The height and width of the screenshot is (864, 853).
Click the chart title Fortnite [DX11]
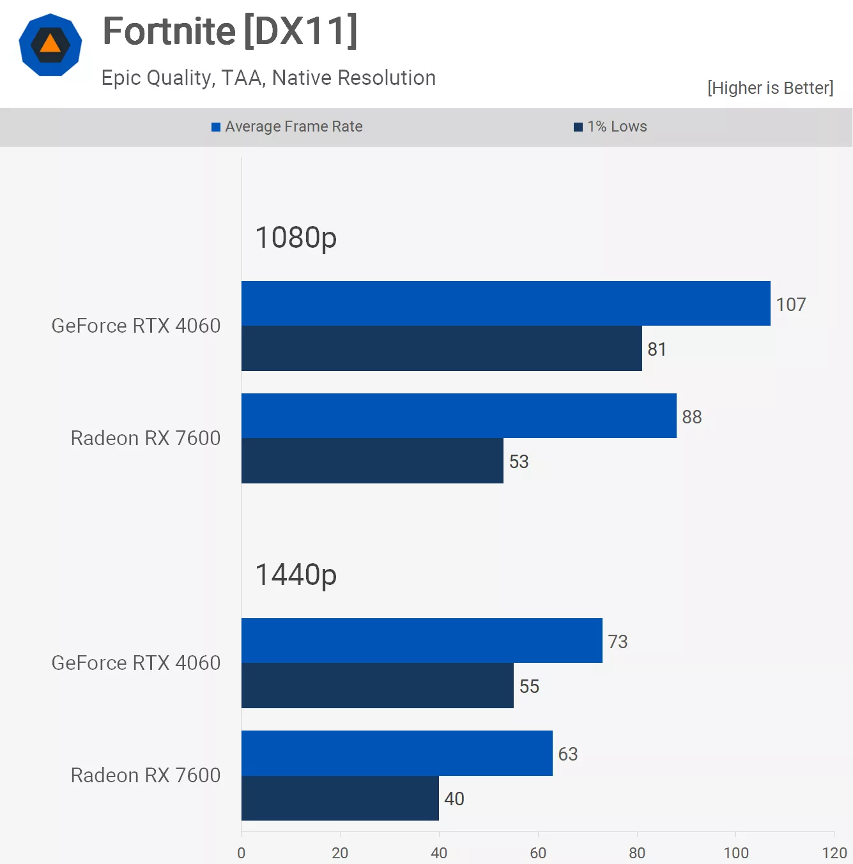point(230,31)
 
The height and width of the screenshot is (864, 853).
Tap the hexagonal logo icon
point(50,45)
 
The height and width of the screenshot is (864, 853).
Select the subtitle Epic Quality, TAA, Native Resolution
point(268,78)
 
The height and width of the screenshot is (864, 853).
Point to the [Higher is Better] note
point(770,88)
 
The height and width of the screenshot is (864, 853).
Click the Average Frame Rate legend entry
point(288,126)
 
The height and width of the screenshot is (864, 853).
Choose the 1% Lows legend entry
point(611,126)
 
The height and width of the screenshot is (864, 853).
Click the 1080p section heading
point(296,238)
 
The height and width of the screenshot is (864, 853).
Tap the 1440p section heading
point(296,575)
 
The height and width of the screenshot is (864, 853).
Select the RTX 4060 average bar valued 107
point(505,303)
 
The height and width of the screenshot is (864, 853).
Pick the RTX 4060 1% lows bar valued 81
point(442,349)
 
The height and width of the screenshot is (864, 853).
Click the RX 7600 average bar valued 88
point(459,416)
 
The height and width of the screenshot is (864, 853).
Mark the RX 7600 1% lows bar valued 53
point(373,461)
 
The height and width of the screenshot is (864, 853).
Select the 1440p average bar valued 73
point(422,640)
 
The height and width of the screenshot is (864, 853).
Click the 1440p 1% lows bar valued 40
point(340,798)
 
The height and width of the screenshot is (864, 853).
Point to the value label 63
point(568,754)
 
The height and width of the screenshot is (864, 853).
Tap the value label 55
point(529,686)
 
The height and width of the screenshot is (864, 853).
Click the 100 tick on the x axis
point(735,853)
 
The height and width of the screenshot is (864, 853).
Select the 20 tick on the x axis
point(340,853)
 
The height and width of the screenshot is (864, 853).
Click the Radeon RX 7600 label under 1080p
point(146,438)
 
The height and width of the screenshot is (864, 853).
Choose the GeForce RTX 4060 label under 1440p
point(136,663)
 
